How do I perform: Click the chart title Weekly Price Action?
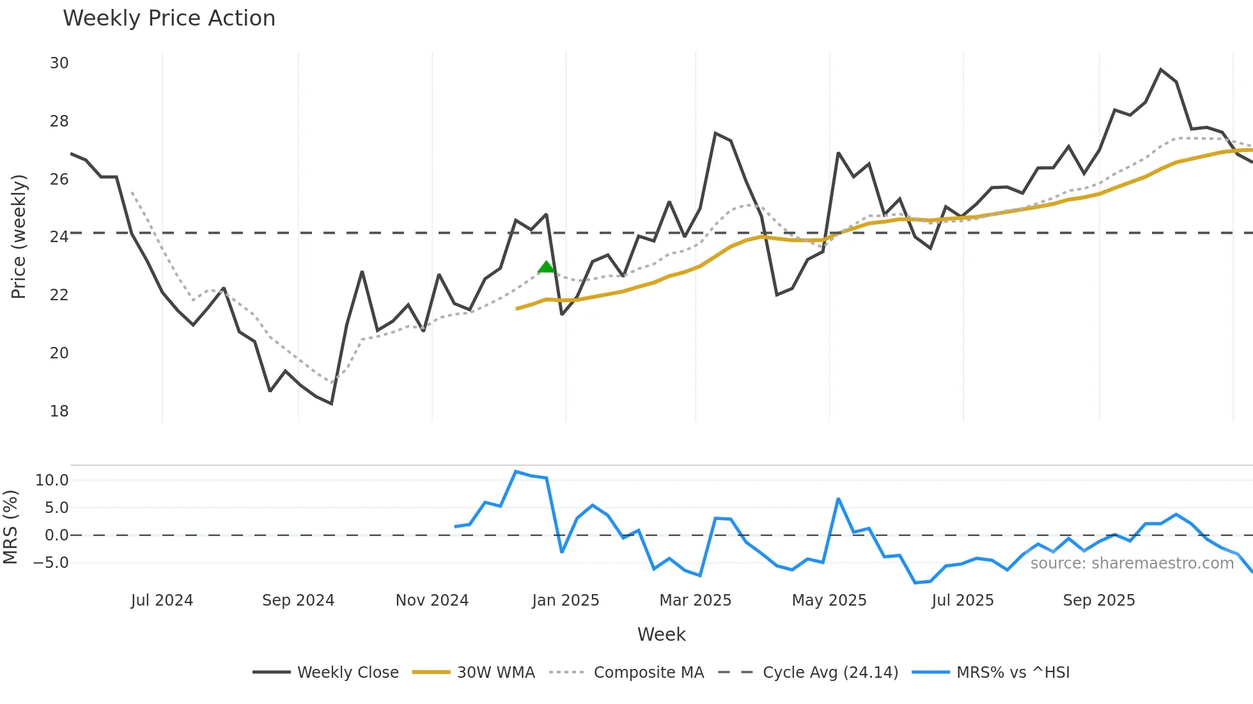click(169, 19)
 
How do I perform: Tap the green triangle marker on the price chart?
click(546, 267)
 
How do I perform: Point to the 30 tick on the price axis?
click(59, 63)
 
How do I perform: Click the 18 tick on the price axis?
click(59, 411)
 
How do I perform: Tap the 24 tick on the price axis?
click(59, 237)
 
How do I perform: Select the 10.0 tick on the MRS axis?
click(52, 480)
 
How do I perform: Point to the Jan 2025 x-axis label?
click(566, 601)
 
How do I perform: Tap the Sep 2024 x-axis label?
click(298, 601)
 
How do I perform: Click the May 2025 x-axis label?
click(829, 601)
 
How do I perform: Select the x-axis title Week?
click(661, 634)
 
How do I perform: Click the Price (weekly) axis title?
click(19, 236)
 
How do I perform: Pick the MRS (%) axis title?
click(10, 527)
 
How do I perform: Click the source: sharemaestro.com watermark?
click(1132, 563)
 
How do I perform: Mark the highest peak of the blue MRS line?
click(516, 471)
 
